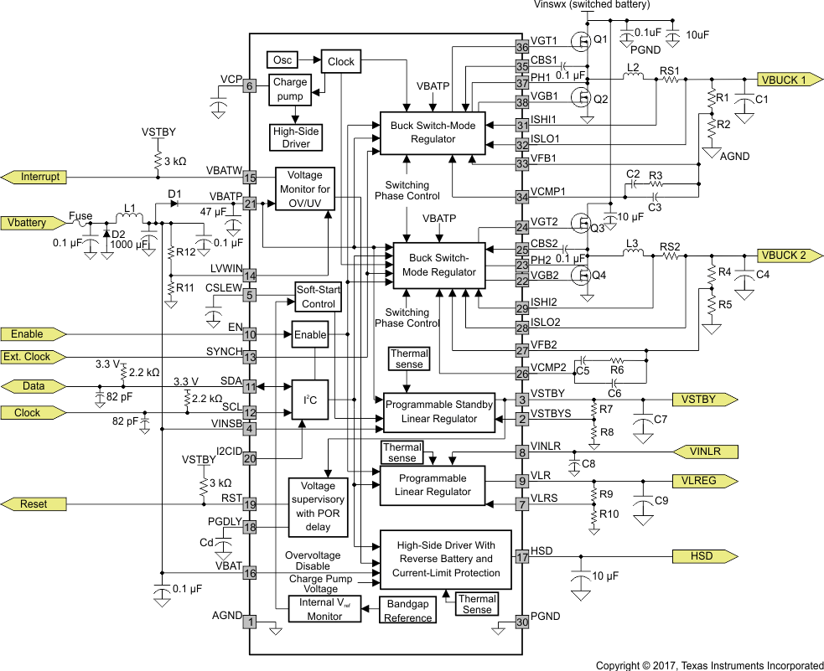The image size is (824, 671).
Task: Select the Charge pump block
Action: tap(289, 90)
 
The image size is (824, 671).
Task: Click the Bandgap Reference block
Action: tap(408, 611)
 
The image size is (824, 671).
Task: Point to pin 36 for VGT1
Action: tap(522, 47)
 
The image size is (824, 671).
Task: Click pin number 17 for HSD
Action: tap(522, 555)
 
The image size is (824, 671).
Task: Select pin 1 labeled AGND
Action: tap(249, 622)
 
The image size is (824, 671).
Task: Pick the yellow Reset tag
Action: tap(34, 504)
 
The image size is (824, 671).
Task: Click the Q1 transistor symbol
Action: tap(579, 40)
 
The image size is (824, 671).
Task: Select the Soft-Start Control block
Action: tap(318, 297)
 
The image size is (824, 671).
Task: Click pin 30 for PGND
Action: tap(522, 622)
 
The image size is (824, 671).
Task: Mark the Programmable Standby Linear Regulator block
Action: tap(439, 411)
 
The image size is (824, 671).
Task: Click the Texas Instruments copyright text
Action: tap(709, 665)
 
